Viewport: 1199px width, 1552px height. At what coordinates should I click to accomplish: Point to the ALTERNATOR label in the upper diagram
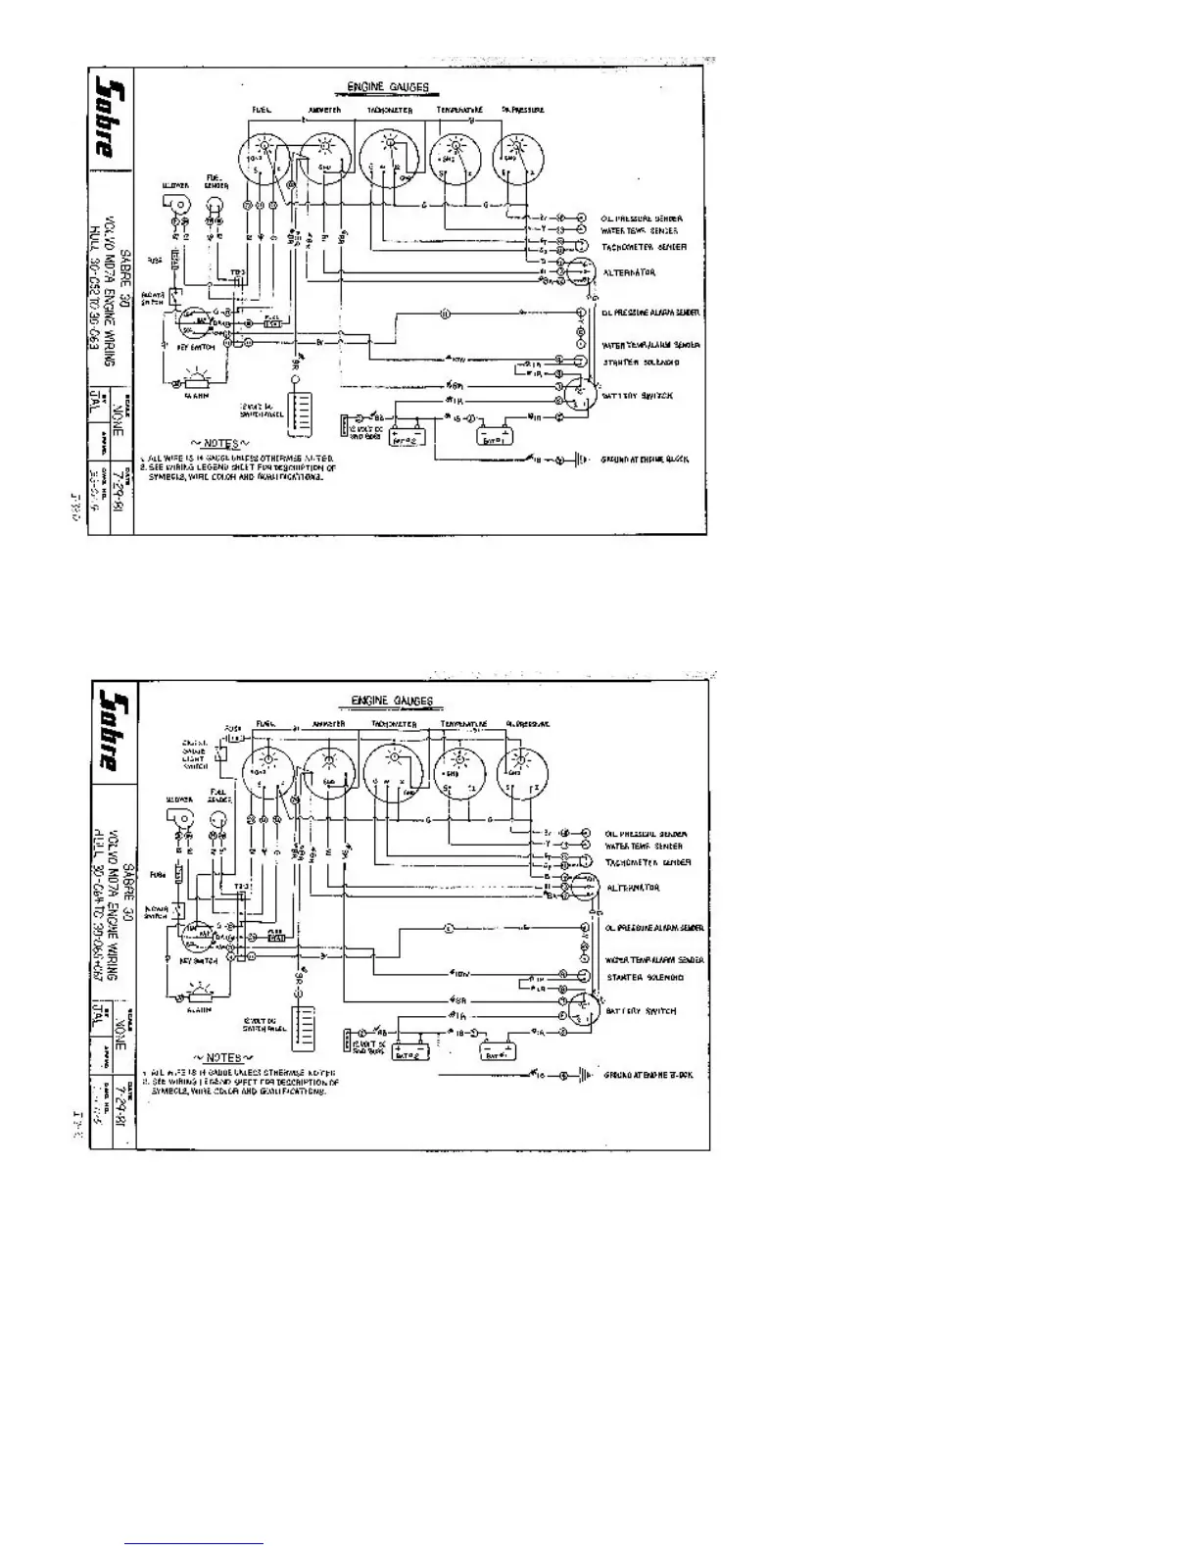click(x=629, y=272)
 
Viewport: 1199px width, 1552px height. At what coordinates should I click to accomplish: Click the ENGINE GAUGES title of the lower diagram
click(x=392, y=702)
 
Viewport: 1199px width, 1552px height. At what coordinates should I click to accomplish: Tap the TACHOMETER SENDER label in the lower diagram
click(x=647, y=862)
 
